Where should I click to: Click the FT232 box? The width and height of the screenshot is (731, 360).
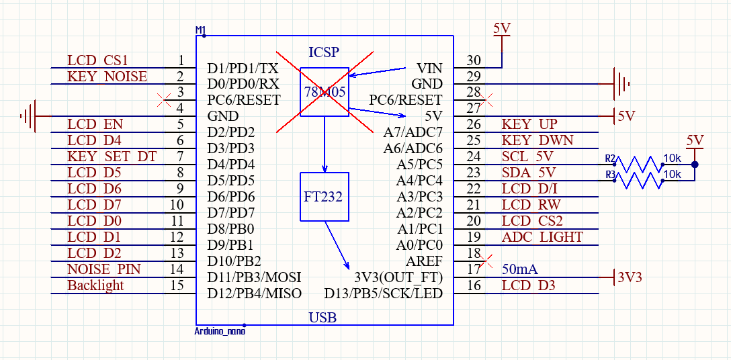pyautogui.click(x=325, y=197)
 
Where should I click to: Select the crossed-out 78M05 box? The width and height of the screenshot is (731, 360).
pyautogui.click(x=325, y=92)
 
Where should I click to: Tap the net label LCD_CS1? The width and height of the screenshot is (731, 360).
pyautogui.click(x=97, y=60)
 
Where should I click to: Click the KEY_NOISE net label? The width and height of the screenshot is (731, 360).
pyautogui.click(x=107, y=77)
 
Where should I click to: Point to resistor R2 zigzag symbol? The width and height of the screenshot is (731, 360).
pyautogui.click(x=638, y=164)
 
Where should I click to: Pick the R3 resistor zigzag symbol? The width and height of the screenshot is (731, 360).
pyautogui.click(x=638, y=180)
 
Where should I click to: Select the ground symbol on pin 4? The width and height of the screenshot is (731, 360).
pyautogui.click(x=28, y=116)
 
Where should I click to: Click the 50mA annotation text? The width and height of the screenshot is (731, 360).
pyautogui.click(x=520, y=269)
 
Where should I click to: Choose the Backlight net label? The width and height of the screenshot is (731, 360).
pyautogui.click(x=95, y=285)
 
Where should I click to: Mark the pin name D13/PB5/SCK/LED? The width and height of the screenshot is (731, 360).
pyautogui.click(x=383, y=294)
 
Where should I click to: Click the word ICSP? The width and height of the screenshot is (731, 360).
pyautogui.click(x=324, y=52)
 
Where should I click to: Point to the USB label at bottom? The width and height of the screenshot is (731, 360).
pyautogui.click(x=322, y=318)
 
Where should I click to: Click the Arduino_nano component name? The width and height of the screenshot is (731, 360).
pyautogui.click(x=220, y=331)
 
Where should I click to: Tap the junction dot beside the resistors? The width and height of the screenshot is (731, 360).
pyautogui.click(x=695, y=165)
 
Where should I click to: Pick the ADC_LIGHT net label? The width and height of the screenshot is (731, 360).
pyautogui.click(x=542, y=237)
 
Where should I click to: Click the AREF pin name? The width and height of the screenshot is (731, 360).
pyautogui.click(x=425, y=261)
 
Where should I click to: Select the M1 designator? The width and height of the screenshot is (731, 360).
pyautogui.click(x=200, y=30)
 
